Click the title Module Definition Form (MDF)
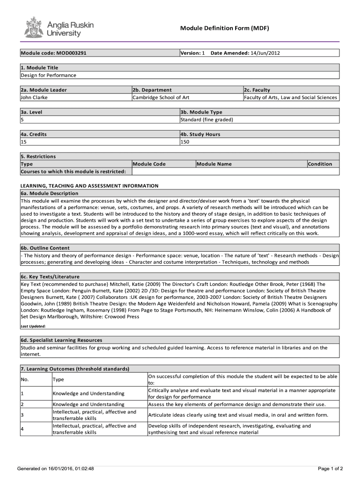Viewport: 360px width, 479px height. click(224, 29)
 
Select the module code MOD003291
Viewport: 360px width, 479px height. click(70, 53)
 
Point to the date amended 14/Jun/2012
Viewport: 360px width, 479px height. click(265, 53)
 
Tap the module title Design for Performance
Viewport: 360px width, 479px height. click(48, 75)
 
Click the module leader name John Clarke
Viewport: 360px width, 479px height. click(34, 97)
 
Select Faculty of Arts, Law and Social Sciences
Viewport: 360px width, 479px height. click(290, 97)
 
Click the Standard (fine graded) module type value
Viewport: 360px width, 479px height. click(207, 120)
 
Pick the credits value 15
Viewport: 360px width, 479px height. click(23, 142)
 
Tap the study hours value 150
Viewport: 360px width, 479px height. click(185, 142)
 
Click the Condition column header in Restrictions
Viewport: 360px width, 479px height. click(320, 164)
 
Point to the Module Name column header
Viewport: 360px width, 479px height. click(214, 164)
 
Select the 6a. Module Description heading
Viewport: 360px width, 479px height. click(50, 193)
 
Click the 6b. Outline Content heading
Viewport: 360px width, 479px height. click(45, 248)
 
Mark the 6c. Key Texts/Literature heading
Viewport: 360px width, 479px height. click(50, 276)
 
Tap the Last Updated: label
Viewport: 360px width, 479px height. click(33, 326)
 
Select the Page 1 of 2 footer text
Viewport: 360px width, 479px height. click(330, 468)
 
